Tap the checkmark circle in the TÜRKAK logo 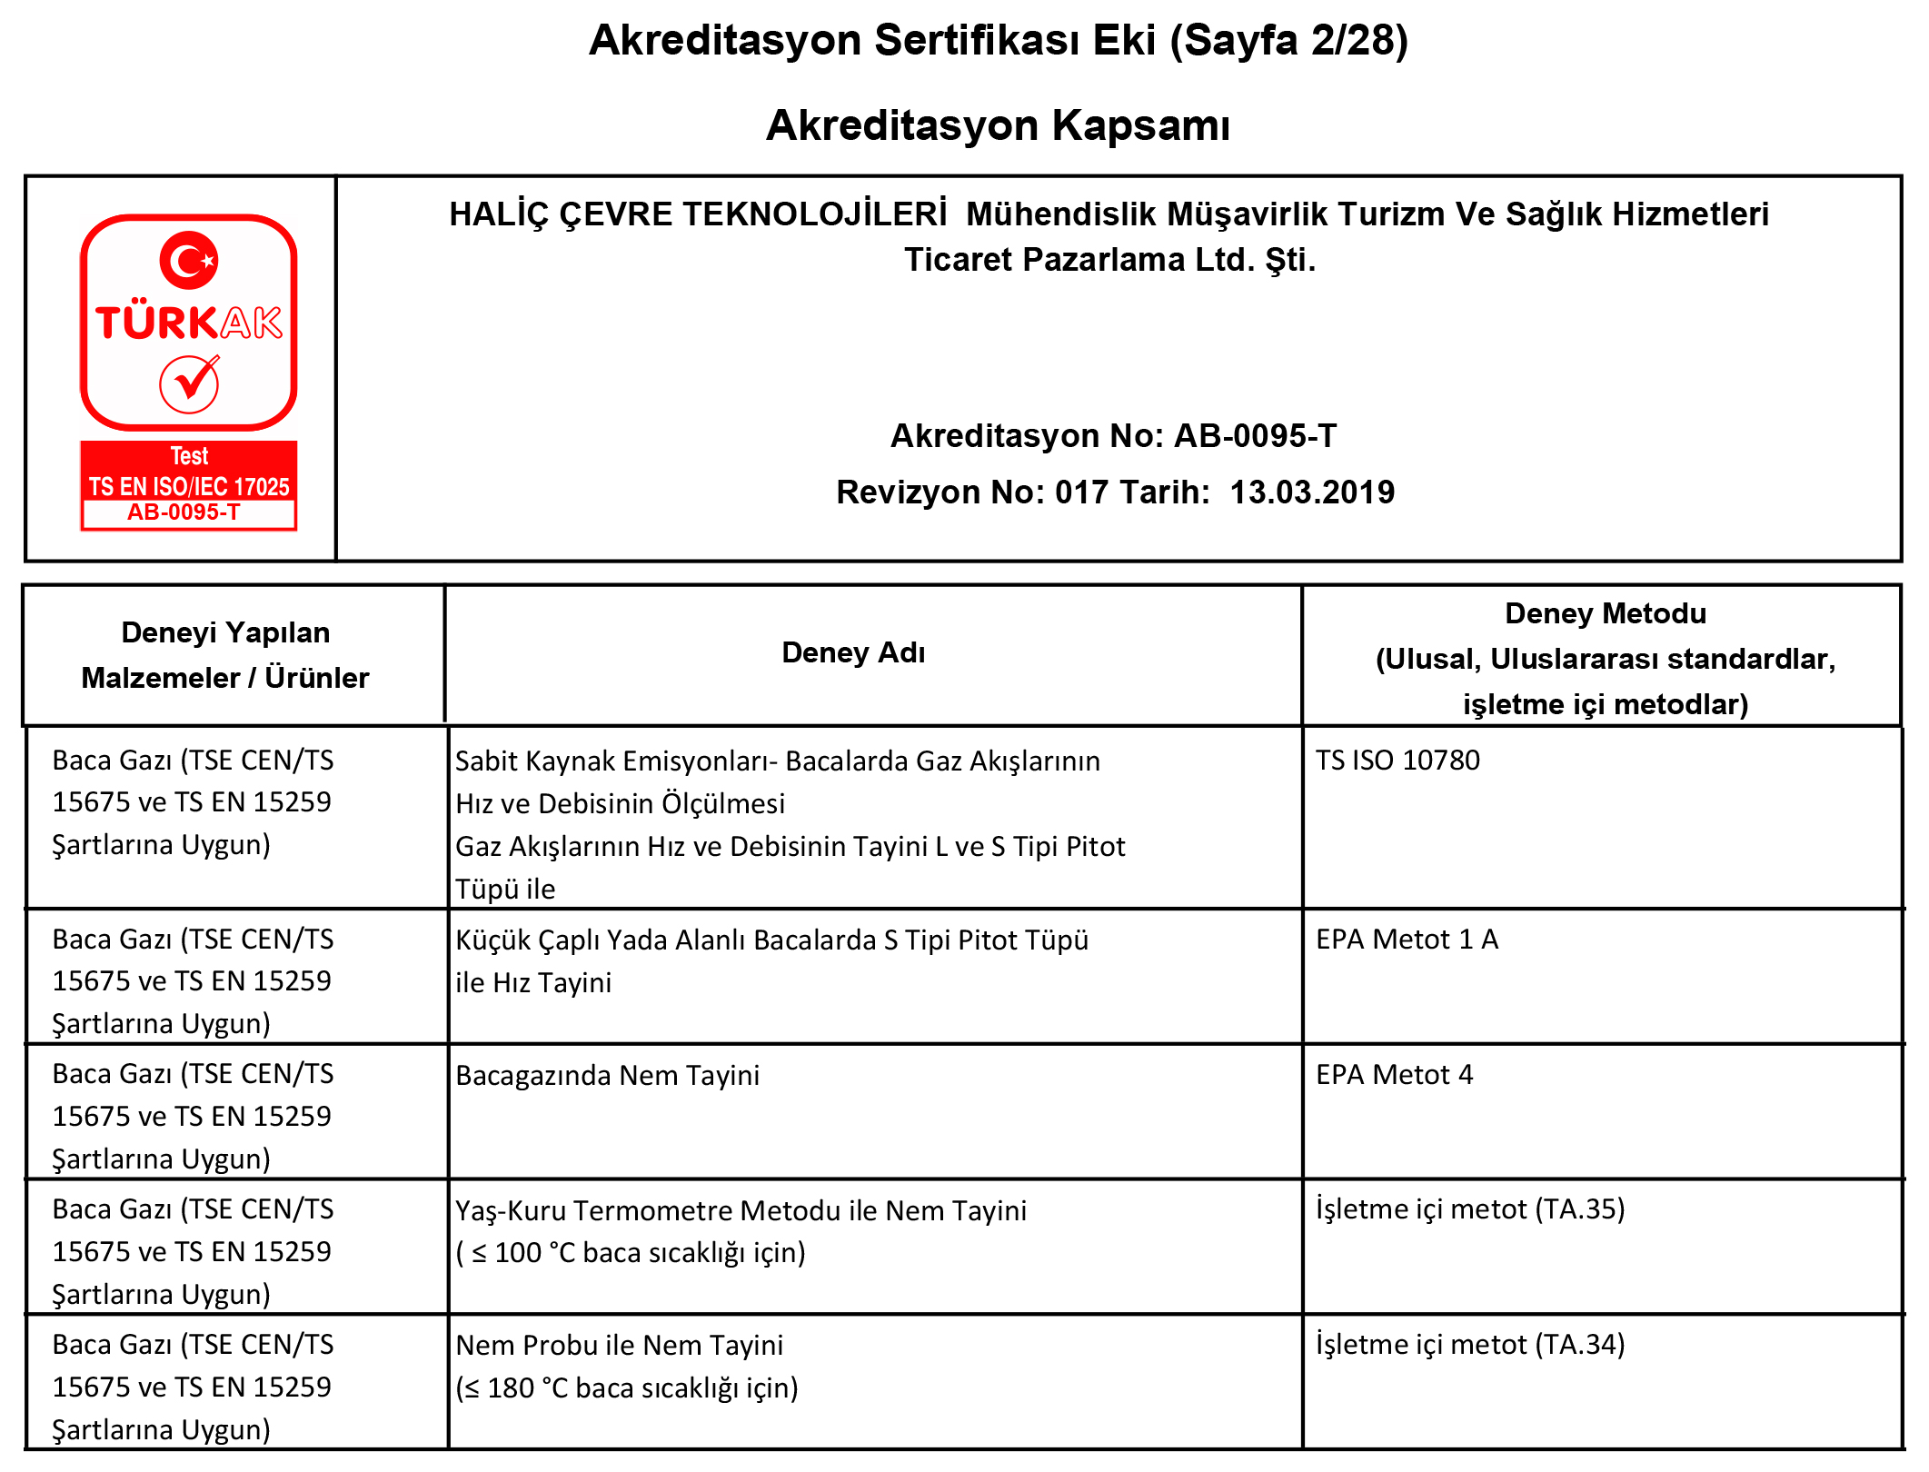(189, 384)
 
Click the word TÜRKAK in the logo (189, 323)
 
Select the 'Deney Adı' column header (853, 652)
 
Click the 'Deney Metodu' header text (1605, 613)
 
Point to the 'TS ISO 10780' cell (1397, 760)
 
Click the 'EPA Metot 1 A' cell (1407, 939)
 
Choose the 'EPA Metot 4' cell (1394, 1074)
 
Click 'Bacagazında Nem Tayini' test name (607, 1075)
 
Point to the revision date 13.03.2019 (1312, 492)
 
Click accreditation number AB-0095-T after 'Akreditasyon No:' (1255, 435)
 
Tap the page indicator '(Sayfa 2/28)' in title (1289, 40)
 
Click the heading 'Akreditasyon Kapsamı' (998, 124)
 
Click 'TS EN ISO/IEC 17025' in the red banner (189, 486)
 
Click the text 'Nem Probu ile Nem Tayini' (619, 1345)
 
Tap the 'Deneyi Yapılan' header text (225, 632)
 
